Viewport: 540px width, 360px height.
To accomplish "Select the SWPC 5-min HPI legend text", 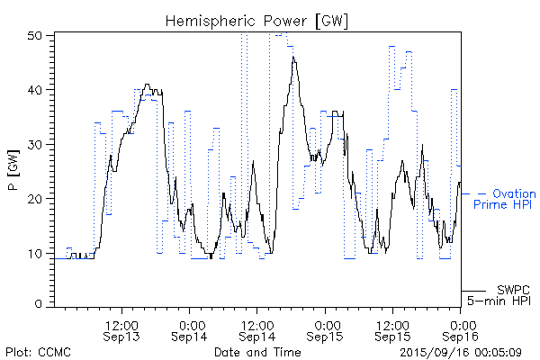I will (502, 295).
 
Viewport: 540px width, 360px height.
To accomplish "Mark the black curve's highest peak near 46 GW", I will (293, 58).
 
